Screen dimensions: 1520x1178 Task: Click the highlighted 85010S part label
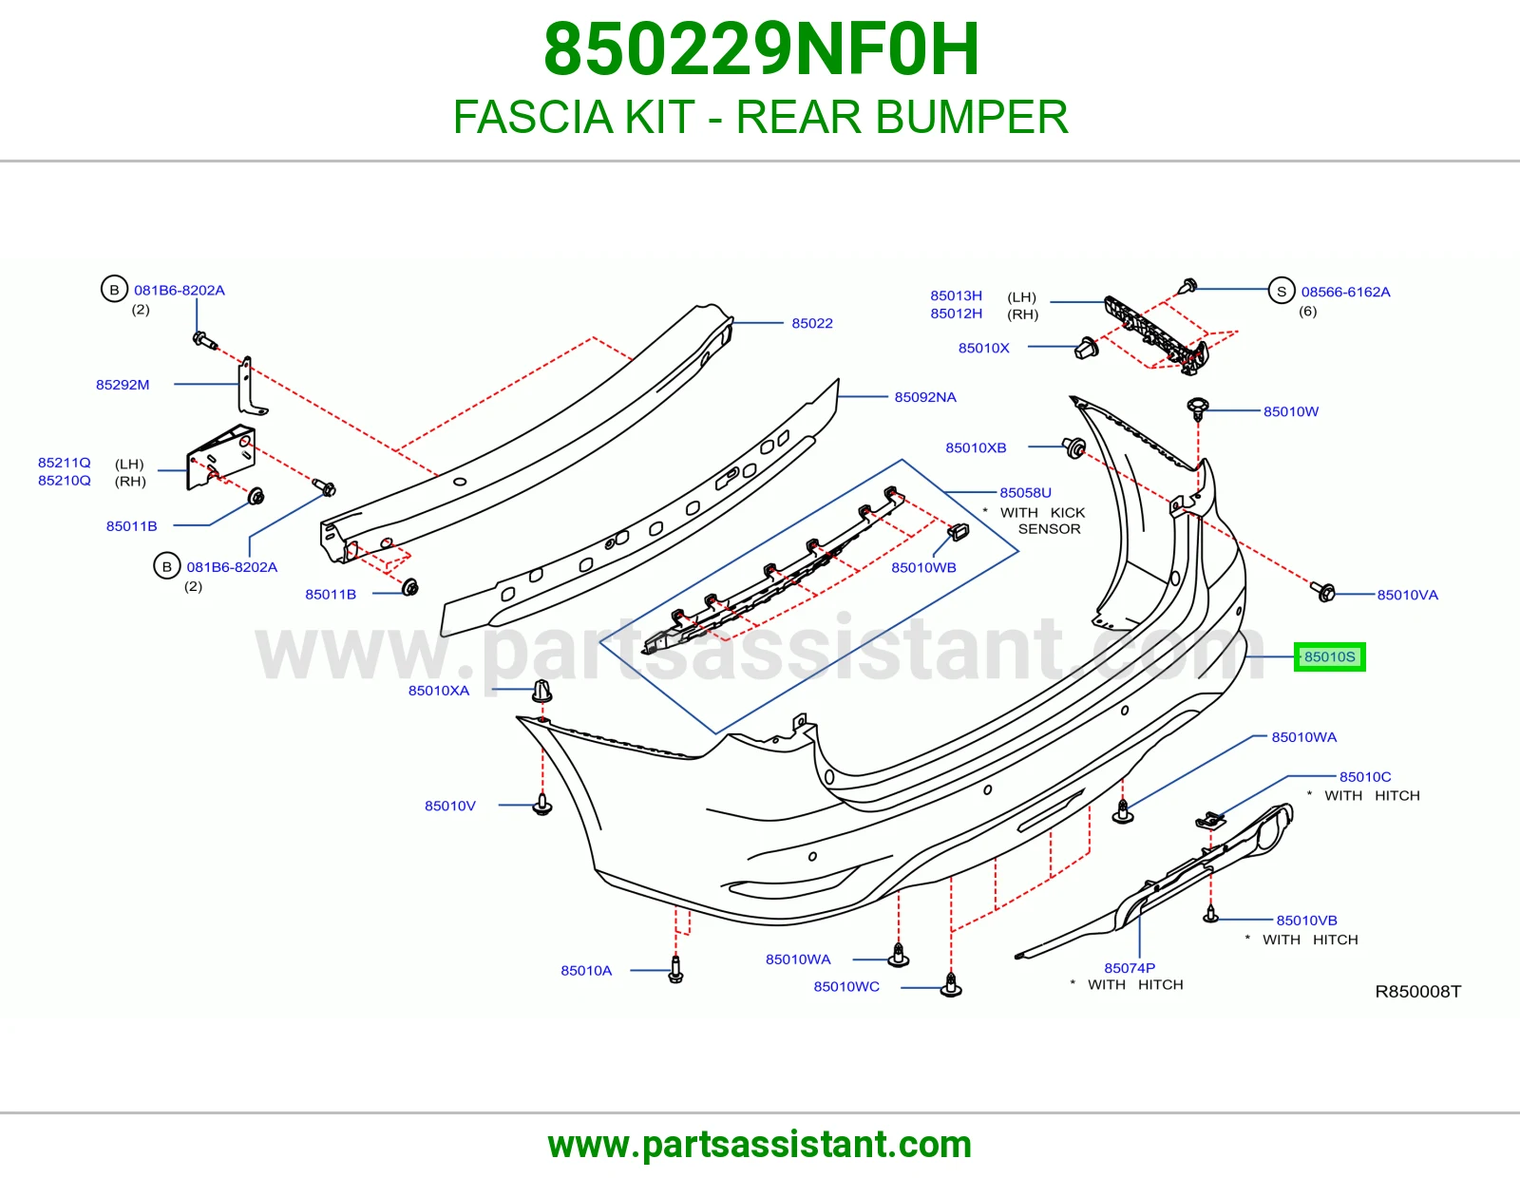(x=1329, y=656)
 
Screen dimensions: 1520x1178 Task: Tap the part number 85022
(x=812, y=323)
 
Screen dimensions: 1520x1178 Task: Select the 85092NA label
(x=924, y=397)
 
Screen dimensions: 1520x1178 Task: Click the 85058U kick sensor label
(x=1025, y=492)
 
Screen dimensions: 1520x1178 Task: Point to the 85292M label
(x=123, y=385)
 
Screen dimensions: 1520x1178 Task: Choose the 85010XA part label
(x=439, y=691)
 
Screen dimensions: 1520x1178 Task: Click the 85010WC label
(x=846, y=986)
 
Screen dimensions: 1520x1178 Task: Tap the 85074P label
(x=1130, y=967)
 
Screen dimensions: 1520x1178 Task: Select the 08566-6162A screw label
(x=1345, y=292)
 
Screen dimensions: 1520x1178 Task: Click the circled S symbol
(x=1282, y=292)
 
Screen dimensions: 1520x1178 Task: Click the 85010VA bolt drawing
(x=1322, y=592)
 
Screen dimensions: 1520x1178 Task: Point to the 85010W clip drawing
(x=1198, y=408)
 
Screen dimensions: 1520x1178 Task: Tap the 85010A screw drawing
(x=675, y=969)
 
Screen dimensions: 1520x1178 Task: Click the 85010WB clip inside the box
(x=959, y=532)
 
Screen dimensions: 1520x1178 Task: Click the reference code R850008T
(x=1417, y=991)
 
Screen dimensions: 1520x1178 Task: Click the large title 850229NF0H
(x=761, y=49)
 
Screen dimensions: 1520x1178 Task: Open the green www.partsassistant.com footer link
(x=760, y=1145)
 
